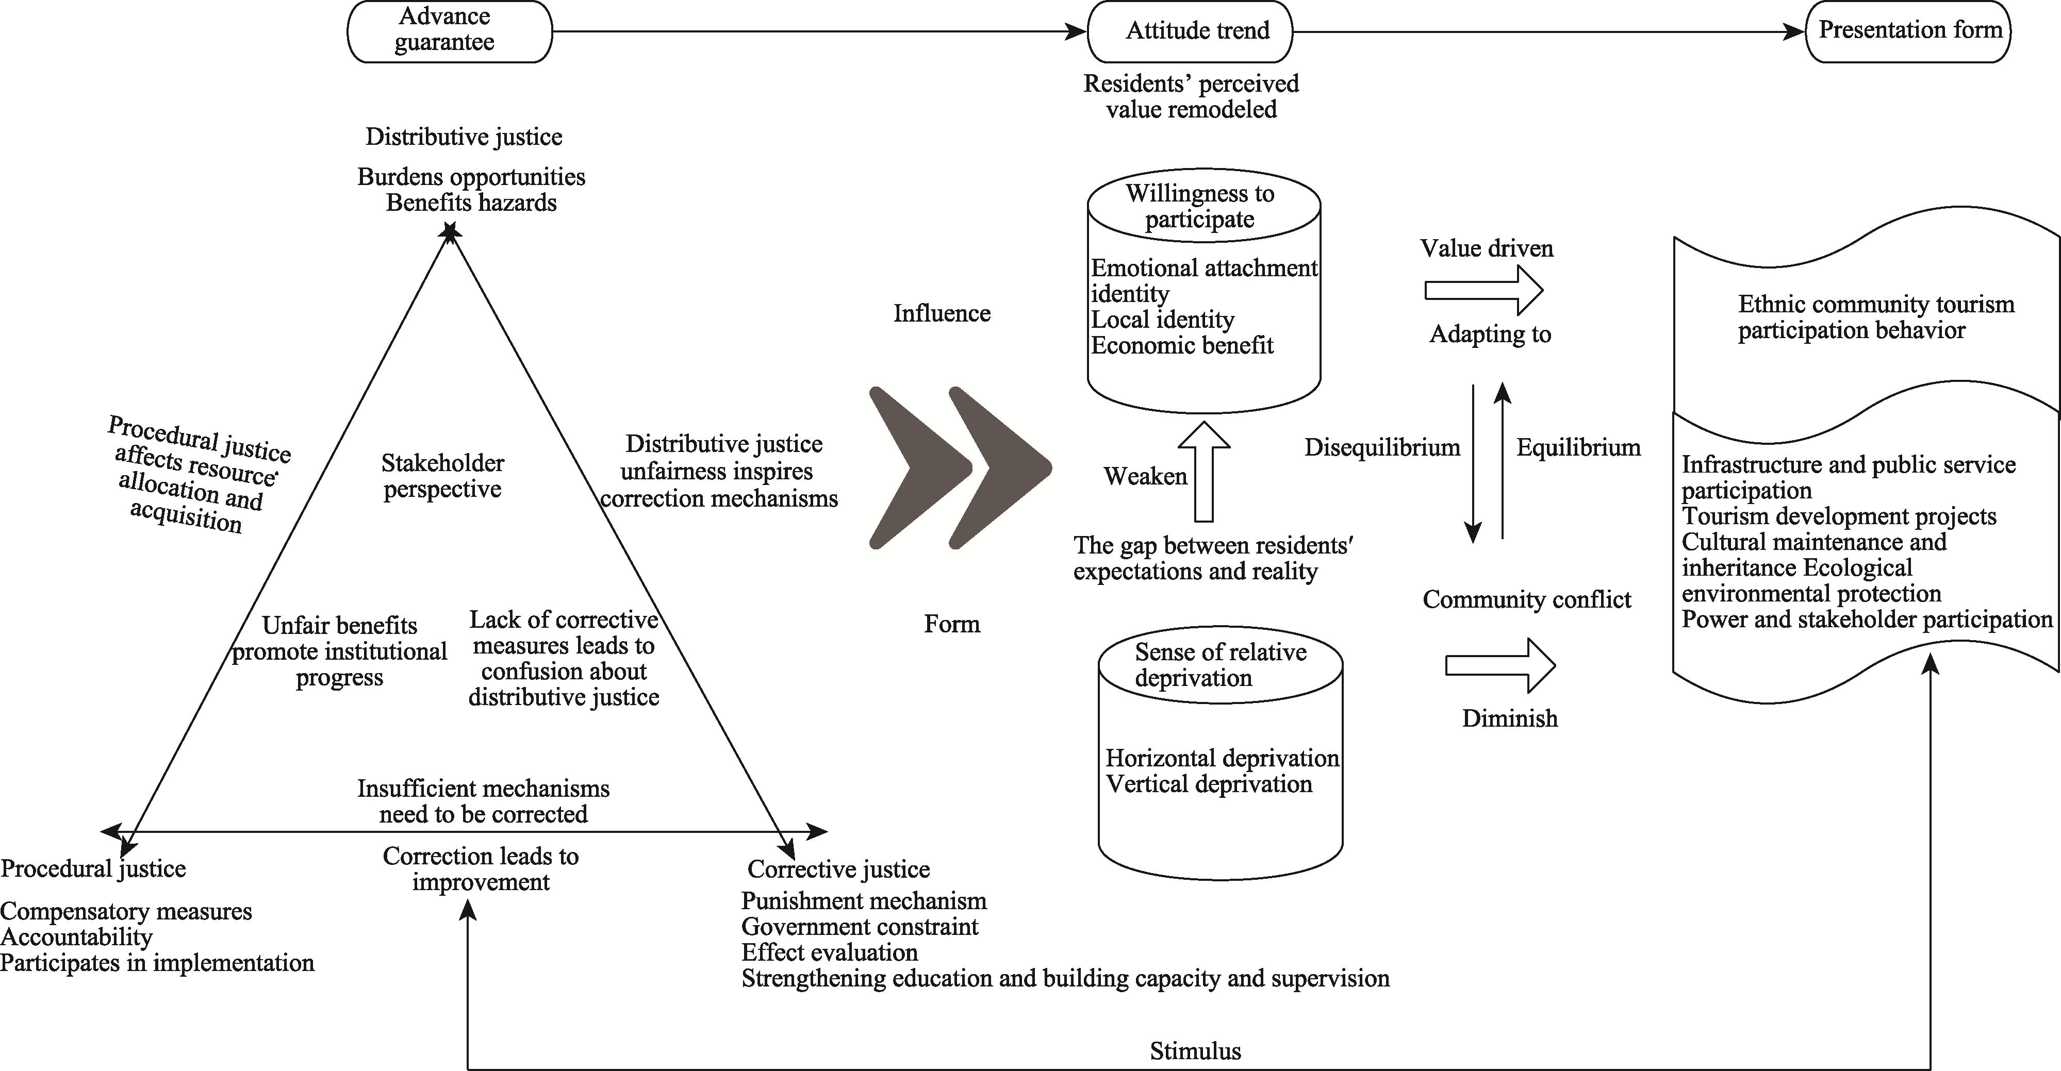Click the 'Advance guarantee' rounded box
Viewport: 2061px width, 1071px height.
click(449, 31)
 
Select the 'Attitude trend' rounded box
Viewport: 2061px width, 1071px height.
click(1190, 31)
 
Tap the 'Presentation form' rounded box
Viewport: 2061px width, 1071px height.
click(1909, 31)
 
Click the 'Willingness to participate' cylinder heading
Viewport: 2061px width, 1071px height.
click(1199, 206)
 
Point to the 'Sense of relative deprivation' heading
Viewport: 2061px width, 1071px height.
click(1219, 665)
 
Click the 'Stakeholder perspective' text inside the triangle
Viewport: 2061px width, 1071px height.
click(442, 476)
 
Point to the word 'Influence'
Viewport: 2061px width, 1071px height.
click(942, 313)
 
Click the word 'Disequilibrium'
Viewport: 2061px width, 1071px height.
click(1382, 447)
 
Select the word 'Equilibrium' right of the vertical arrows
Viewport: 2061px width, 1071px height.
click(1578, 447)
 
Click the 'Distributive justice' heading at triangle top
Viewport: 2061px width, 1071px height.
click(464, 137)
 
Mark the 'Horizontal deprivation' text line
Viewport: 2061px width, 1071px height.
click(1222, 758)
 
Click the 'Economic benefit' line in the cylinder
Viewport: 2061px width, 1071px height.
click(1182, 345)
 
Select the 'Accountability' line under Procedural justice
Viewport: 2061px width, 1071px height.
click(76, 936)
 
